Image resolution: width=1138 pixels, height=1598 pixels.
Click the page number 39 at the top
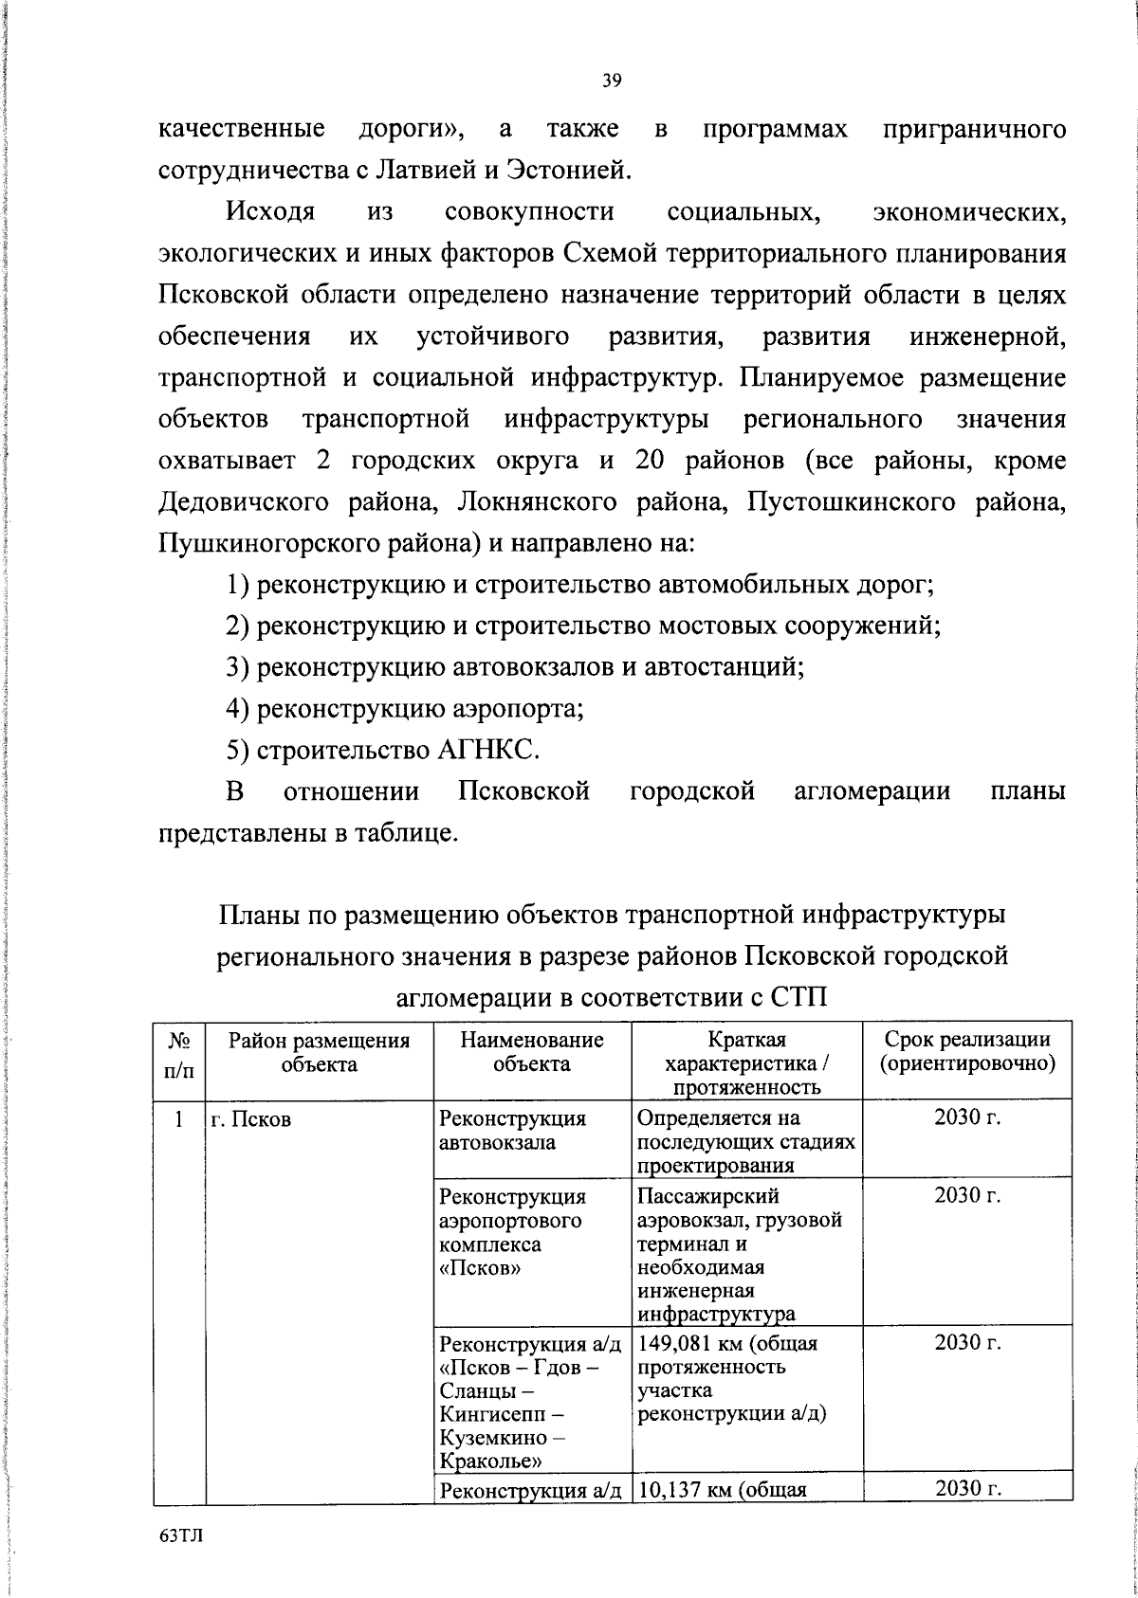click(x=612, y=82)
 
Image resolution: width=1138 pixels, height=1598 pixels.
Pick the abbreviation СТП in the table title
click(x=799, y=998)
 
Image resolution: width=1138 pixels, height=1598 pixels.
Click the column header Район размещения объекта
click(x=320, y=1052)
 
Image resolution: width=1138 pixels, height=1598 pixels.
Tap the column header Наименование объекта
click(x=532, y=1052)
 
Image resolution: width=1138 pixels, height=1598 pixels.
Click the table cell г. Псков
click(x=250, y=1119)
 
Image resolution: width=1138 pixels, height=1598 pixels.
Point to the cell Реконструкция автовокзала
click(x=513, y=1131)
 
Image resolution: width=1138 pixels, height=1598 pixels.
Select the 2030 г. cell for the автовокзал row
click(x=967, y=1118)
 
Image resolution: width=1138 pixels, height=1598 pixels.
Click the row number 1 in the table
click(x=179, y=1119)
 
